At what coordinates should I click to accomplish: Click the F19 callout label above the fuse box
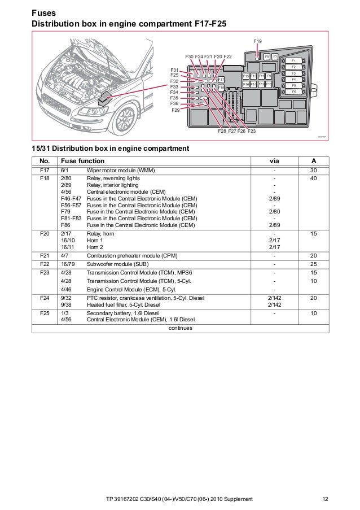pyautogui.click(x=257, y=42)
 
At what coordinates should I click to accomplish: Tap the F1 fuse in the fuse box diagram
pyautogui.click(x=294, y=60)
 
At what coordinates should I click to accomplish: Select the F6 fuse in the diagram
pyautogui.click(x=294, y=91)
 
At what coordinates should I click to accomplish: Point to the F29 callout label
pyautogui.click(x=175, y=110)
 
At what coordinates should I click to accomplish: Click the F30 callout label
pyautogui.click(x=189, y=56)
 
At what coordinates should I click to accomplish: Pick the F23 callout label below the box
pyautogui.click(x=251, y=131)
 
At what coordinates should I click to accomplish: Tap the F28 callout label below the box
pyautogui.click(x=222, y=131)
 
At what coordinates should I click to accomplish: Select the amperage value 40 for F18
pyautogui.click(x=314, y=178)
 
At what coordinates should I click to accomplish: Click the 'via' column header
pyautogui.click(x=275, y=160)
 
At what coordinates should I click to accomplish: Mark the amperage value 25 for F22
pyautogui.click(x=314, y=263)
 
